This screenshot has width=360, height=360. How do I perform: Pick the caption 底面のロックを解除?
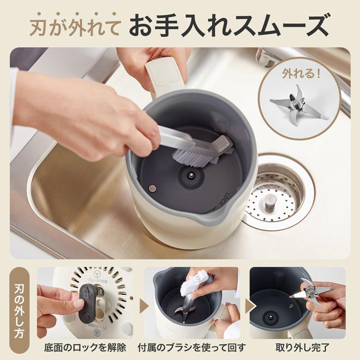click(84, 347)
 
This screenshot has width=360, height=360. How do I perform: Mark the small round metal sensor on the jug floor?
click(152, 187)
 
